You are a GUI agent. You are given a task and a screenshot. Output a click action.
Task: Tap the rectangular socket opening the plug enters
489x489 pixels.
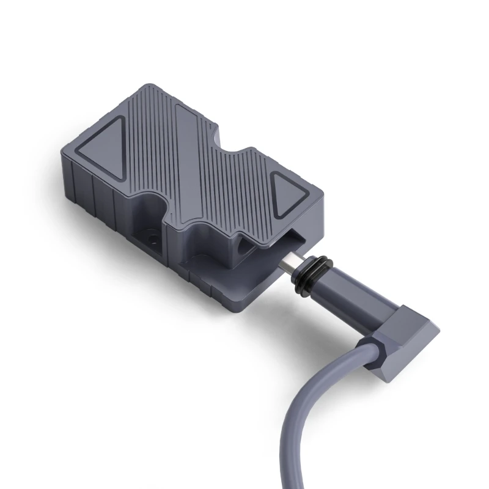click(287, 241)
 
